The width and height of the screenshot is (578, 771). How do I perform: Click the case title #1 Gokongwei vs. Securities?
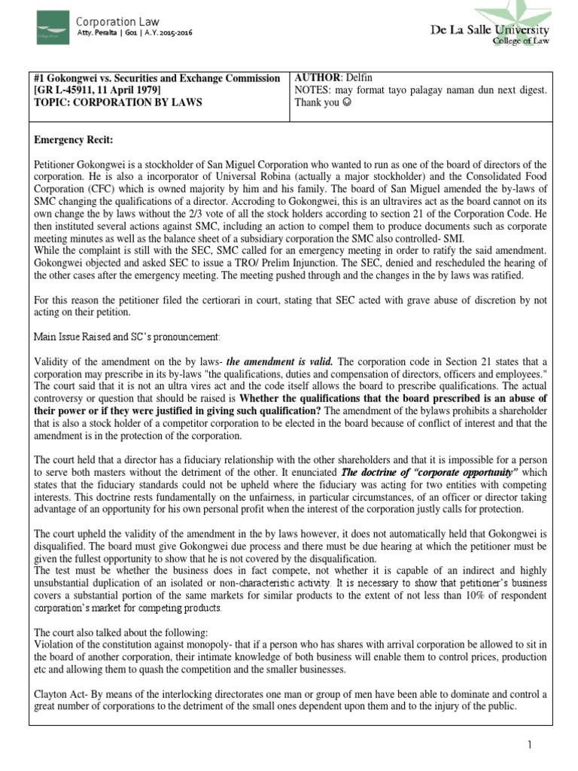(x=157, y=78)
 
